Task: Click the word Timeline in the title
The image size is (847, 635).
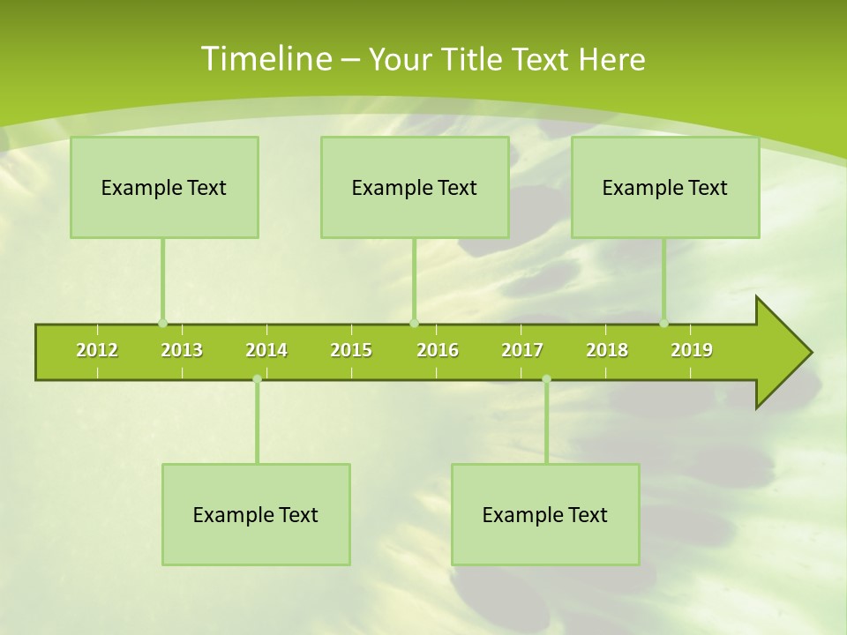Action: (265, 59)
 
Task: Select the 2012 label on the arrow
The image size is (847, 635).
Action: (97, 350)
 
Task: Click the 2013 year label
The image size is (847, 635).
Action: (182, 350)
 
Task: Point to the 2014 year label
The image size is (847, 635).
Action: (266, 350)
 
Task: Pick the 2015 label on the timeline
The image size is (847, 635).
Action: (351, 350)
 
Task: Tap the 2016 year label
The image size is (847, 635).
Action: (438, 350)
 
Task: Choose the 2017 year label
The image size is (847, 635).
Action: (522, 350)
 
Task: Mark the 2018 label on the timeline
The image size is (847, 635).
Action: (607, 350)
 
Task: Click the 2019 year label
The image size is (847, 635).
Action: (692, 350)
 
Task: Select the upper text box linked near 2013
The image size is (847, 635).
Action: (164, 188)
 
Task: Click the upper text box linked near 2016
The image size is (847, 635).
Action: (415, 188)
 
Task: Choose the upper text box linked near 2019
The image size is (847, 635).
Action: (665, 188)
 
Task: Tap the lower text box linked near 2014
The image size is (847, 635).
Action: (256, 514)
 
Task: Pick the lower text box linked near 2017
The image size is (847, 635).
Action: (545, 514)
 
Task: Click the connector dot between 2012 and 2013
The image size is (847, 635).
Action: (162, 323)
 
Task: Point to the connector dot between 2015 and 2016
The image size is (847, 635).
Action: (414, 323)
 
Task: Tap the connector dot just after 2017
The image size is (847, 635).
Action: (546, 379)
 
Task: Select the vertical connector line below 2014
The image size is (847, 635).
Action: (257, 423)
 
